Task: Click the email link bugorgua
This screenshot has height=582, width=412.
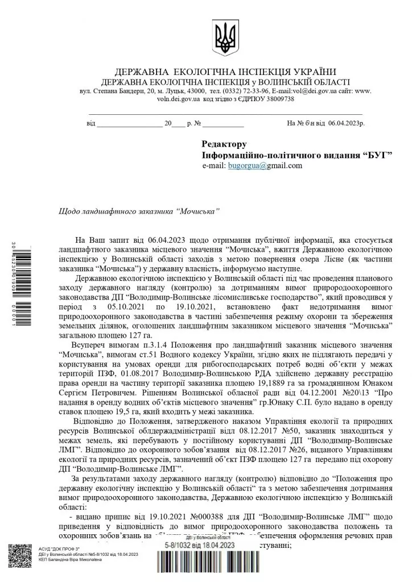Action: pyautogui.click(x=243, y=166)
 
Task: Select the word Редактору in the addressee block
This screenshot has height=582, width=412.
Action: pyautogui.click(x=224, y=144)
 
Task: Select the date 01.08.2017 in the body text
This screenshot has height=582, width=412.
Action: pyautogui.click(x=139, y=375)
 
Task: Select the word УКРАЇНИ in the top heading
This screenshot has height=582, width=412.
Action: pyautogui.click(x=312, y=72)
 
